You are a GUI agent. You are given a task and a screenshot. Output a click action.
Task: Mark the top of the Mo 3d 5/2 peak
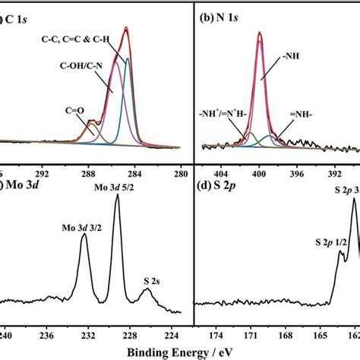click(x=117, y=195)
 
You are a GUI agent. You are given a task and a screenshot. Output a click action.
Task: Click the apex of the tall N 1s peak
click(x=259, y=33)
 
